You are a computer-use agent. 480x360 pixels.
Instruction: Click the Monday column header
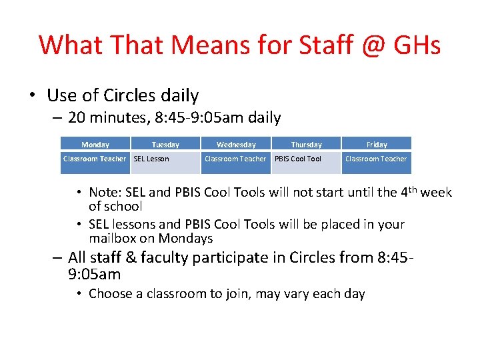95,144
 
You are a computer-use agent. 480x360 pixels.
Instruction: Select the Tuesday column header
165,144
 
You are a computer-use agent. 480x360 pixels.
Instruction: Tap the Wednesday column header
236,144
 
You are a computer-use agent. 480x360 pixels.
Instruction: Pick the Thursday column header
306,144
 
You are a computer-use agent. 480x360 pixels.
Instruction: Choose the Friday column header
377,144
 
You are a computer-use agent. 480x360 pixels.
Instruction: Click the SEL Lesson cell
151,159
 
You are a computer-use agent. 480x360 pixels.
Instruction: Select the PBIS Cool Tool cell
298,159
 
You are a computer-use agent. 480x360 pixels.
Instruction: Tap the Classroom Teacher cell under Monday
95,159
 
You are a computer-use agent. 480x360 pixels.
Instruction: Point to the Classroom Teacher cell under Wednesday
235,159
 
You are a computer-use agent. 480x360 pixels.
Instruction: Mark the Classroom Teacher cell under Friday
376,159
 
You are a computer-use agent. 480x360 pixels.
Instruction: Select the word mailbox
114,238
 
